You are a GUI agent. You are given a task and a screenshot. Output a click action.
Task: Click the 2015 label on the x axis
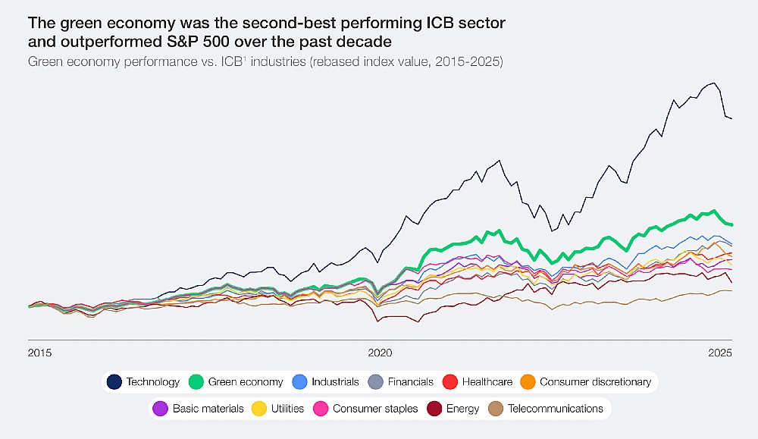click(39, 353)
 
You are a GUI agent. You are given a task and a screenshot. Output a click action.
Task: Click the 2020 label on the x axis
click(379, 353)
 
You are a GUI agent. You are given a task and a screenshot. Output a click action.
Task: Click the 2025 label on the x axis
click(719, 353)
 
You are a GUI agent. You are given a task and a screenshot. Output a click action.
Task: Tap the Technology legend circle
click(114, 382)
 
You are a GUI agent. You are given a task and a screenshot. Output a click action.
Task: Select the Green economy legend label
click(246, 382)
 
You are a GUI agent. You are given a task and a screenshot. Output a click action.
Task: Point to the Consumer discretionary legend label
click(595, 382)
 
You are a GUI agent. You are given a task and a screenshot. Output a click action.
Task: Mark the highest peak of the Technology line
click(713, 83)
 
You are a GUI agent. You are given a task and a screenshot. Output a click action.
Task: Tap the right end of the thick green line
click(731, 224)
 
